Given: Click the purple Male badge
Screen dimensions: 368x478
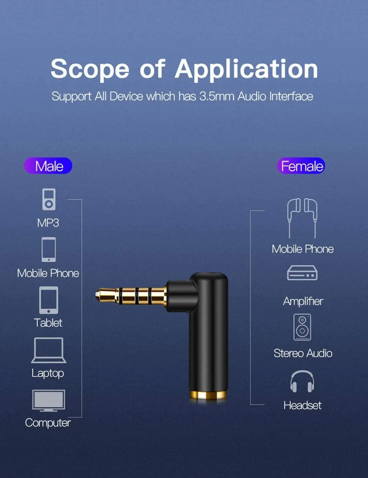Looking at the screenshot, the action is (x=48, y=166).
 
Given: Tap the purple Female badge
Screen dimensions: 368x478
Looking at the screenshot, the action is (x=301, y=166).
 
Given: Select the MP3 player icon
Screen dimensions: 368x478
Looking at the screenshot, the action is (x=49, y=199).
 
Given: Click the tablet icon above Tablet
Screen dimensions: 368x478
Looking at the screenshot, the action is (x=49, y=300).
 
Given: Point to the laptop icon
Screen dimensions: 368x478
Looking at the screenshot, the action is (x=49, y=350).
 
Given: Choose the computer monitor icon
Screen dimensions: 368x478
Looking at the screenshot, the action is (x=49, y=400).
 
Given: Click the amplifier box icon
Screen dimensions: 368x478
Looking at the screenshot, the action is (x=302, y=273).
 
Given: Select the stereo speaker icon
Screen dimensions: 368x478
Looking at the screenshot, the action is (x=302, y=327).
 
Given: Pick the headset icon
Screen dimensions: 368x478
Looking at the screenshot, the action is (x=302, y=381).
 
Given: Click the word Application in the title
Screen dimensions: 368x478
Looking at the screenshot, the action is (x=246, y=69).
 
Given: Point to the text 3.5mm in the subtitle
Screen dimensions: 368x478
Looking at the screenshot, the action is (x=217, y=96).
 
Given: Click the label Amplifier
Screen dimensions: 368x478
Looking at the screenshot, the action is (x=303, y=301).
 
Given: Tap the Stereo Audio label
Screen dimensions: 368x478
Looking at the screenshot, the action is (x=303, y=353).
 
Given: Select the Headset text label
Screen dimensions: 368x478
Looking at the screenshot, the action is (x=303, y=405).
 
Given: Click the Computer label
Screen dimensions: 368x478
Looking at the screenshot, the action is (x=48, y=423).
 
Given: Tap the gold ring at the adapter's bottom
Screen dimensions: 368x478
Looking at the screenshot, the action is (x=208, y=396).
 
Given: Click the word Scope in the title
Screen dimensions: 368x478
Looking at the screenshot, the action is (x=90, y=69).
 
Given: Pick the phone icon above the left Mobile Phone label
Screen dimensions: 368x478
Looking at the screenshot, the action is (x=49, y=250).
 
